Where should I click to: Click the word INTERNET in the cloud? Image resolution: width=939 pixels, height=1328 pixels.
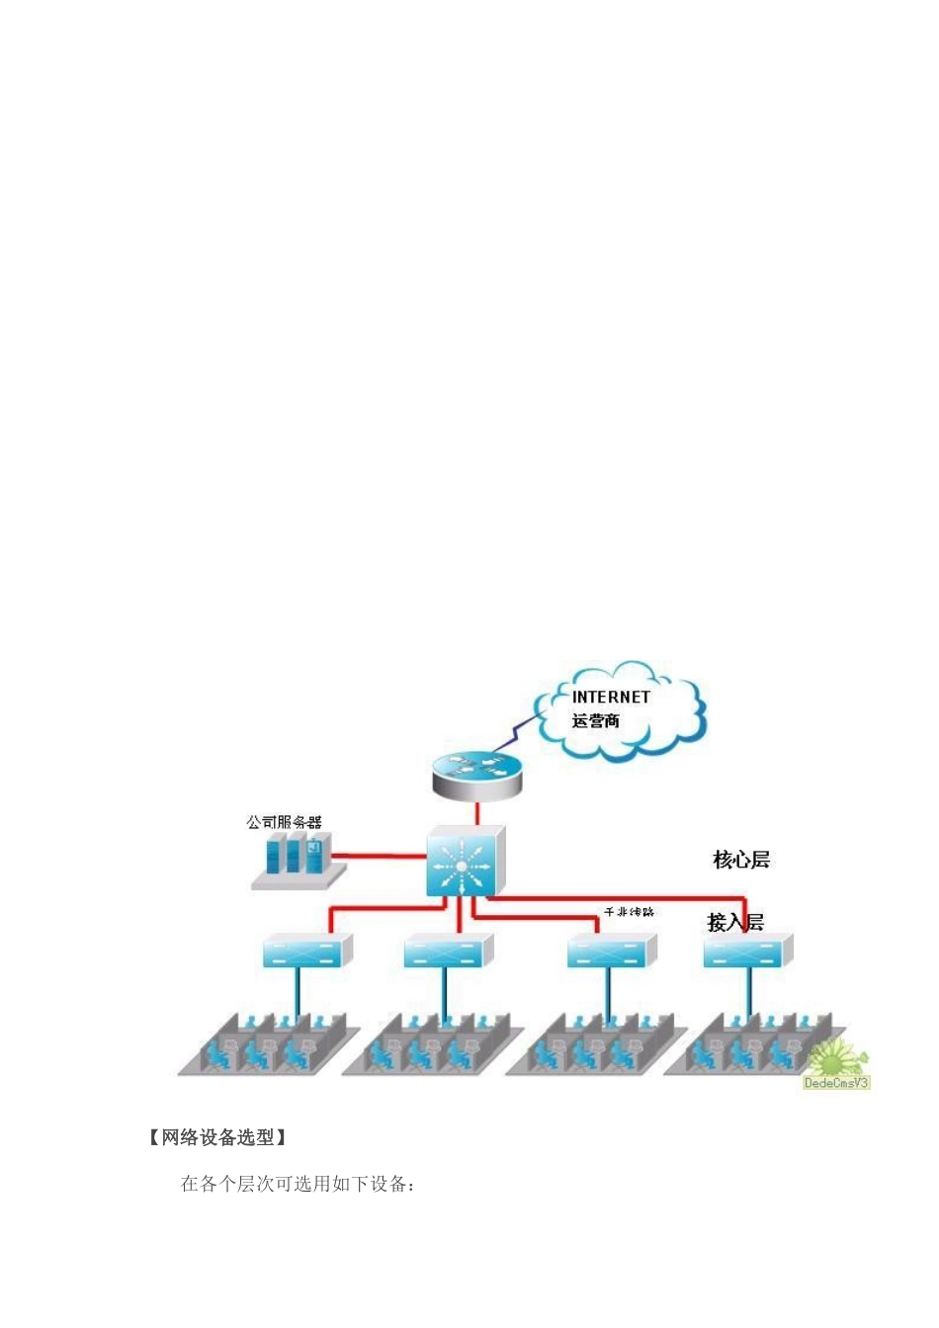click(611, 697)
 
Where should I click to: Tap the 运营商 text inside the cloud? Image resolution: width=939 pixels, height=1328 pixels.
click(596, 721)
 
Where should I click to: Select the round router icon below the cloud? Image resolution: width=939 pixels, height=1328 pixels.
click(476, 773)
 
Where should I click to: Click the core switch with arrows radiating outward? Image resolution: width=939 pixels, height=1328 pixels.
click(465, 863)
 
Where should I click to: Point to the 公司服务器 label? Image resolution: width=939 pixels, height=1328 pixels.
click(285, 822)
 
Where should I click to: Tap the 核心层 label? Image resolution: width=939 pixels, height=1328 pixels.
click(741, 860)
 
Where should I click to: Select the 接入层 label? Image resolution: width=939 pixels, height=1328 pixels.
click(735, 922)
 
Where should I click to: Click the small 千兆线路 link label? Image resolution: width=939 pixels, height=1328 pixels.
click(629, 911)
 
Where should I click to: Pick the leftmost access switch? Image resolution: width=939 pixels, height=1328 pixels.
click(306, 953)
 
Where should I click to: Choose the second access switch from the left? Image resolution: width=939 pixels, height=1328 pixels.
click(447, 953)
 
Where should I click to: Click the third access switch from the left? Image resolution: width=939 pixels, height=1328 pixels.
click(611, 953)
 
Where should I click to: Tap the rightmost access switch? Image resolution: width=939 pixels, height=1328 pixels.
click(747, 953)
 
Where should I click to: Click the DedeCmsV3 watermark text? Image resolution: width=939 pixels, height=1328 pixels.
click(836, 1083)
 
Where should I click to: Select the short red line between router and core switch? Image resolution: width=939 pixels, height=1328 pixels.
click(477, 813)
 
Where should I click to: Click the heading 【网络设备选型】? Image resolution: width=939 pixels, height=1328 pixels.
click(217, 1137)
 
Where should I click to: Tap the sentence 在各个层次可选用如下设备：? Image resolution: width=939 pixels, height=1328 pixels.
click(298, 1184)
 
